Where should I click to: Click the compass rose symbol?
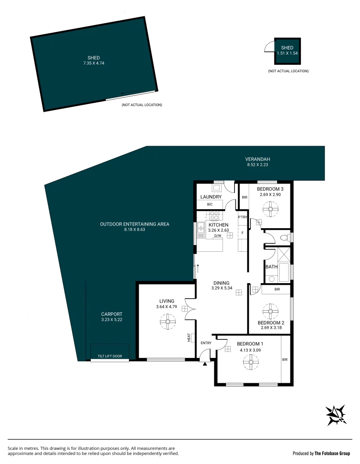coord(336,415)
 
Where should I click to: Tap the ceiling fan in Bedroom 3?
coord(271,210)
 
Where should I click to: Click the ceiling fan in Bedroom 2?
coord(271,310)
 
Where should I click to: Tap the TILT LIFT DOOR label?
coord(110,356)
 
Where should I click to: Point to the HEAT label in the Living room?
coord(189,338)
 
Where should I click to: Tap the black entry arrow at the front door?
coord(205,364)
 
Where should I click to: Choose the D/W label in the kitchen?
coord(217,235)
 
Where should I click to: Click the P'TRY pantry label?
coord(243,217)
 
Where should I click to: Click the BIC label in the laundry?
coord(210,205)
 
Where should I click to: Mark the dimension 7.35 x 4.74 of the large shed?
coord(94,63)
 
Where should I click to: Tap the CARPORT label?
coord(112,314)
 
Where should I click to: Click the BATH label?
coord(272,267)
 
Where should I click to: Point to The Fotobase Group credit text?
coord(333,453)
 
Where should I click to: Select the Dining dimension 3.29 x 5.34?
coord(223,288)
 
